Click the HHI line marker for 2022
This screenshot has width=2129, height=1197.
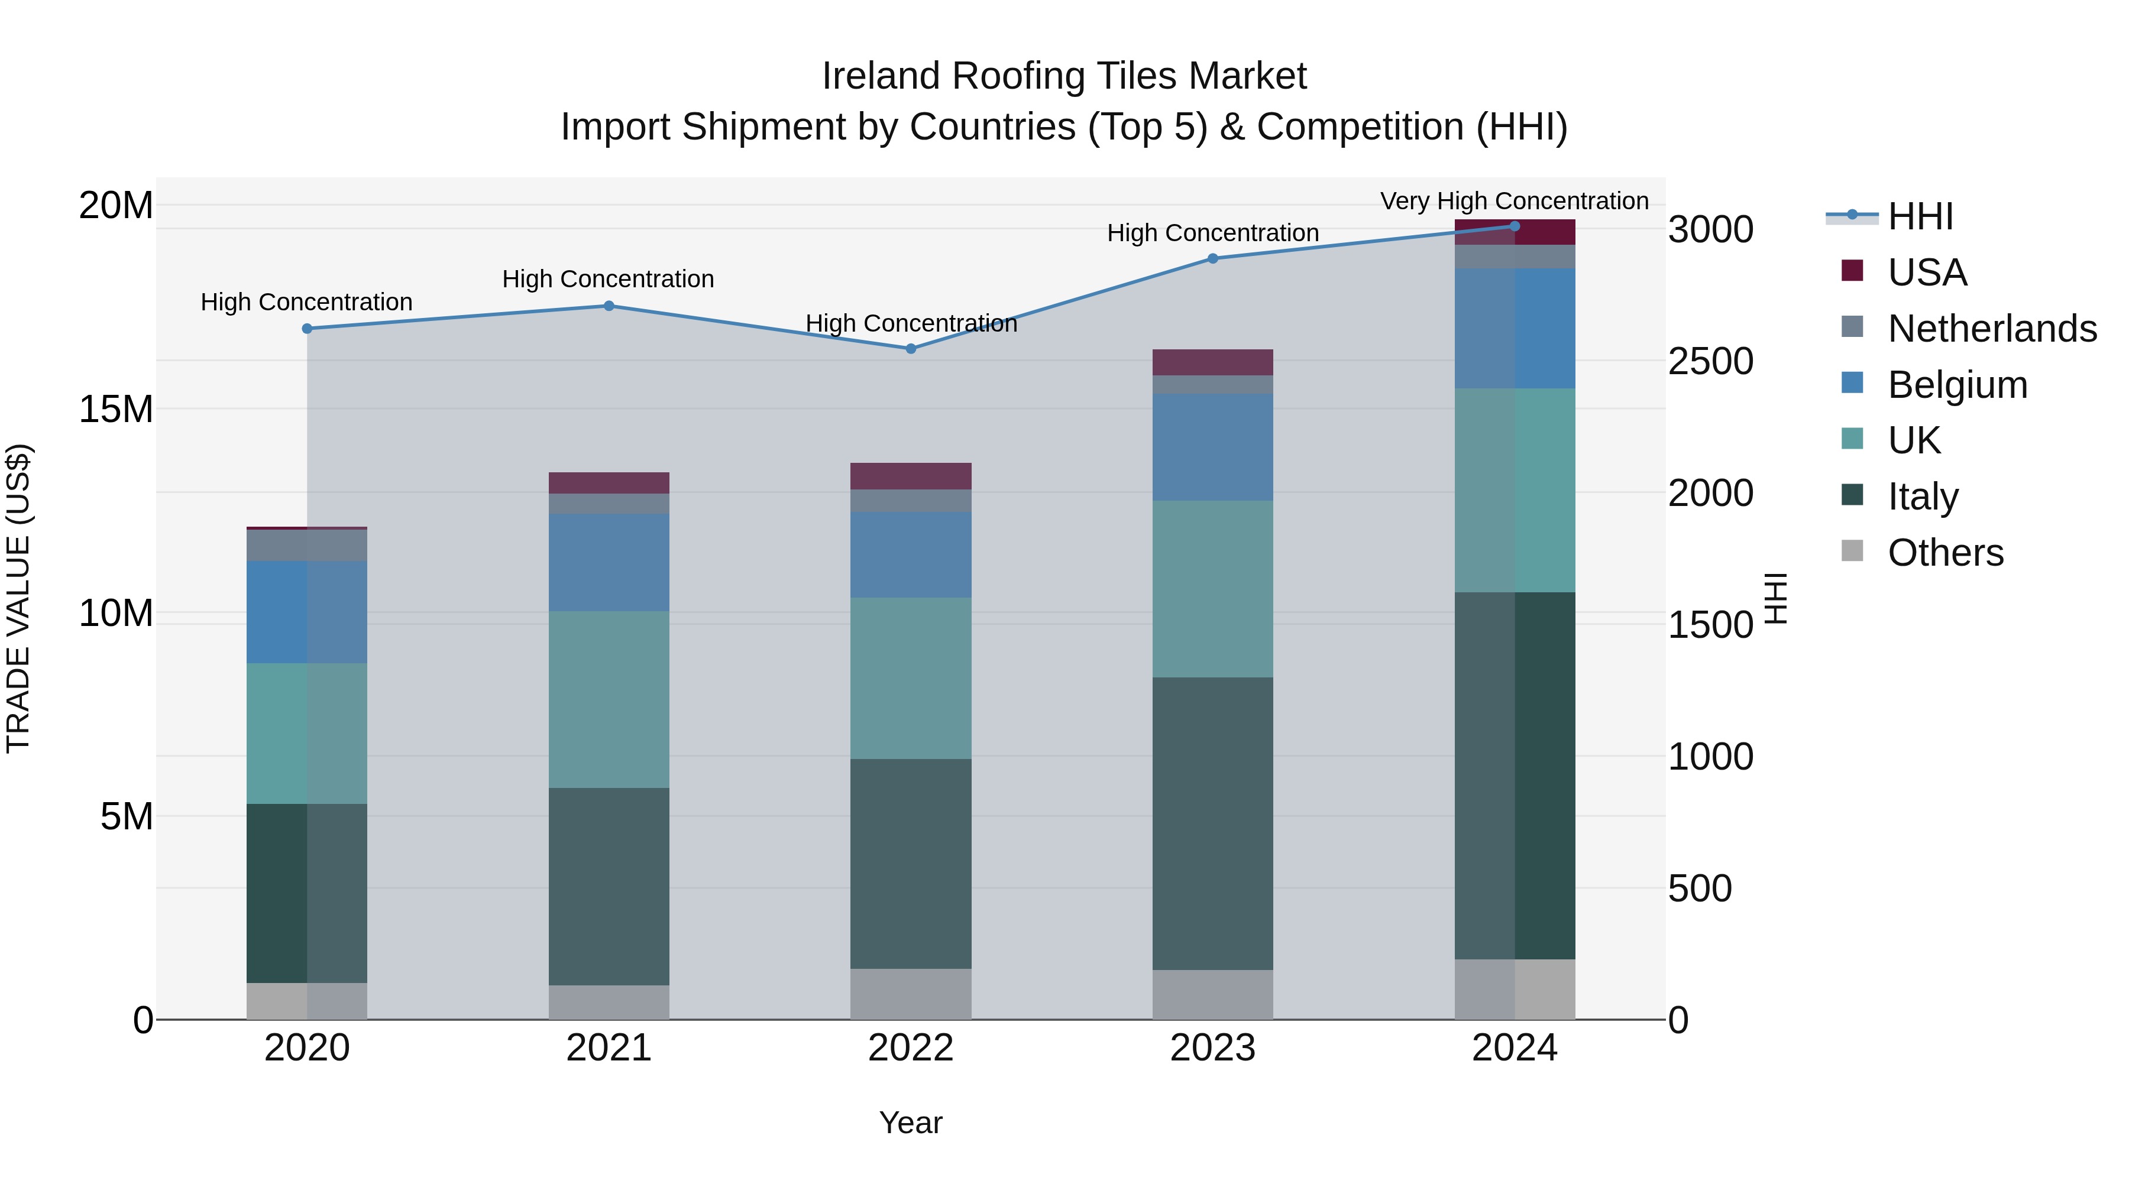(911, 349)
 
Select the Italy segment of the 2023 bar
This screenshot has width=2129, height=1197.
(1212, 823)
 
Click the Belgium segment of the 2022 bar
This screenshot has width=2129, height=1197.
(911, 554)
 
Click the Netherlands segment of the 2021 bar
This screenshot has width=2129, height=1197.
(609, 504)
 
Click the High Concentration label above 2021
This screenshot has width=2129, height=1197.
(609, 279)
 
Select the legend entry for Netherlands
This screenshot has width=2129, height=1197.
(1992, 329)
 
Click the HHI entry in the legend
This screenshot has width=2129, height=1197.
(1920, 216)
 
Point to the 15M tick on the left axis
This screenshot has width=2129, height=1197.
(116, 409)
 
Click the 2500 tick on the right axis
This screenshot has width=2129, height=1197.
(1710, 361)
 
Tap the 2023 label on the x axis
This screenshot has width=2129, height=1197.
(1212, 1048)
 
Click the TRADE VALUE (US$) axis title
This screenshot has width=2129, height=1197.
(18, 598)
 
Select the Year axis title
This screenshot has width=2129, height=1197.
(911, 1123)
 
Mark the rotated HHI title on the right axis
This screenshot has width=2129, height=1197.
(1776, 598)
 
